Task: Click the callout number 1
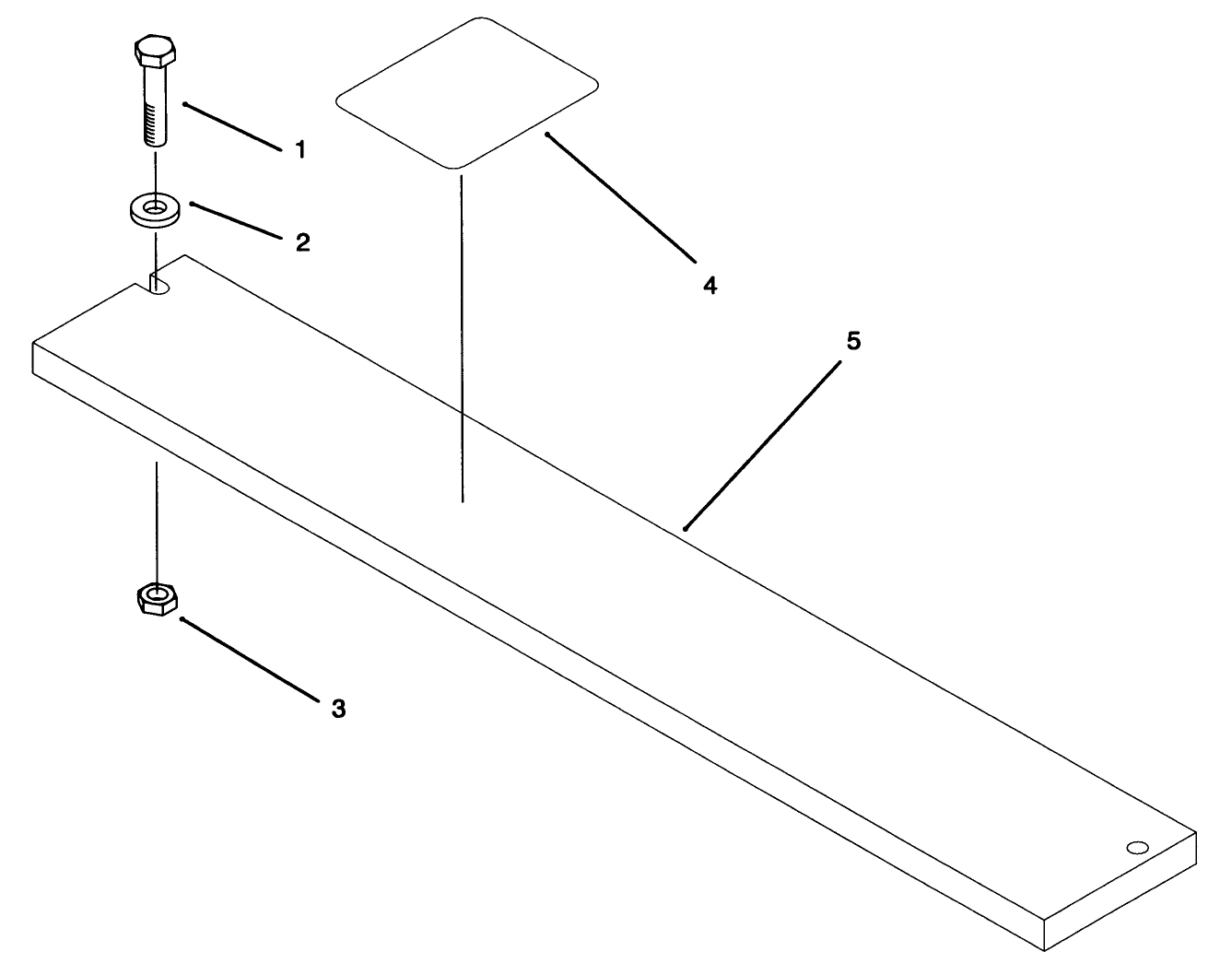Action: click(x=299, y=149)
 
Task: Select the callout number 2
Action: click(x=302, y=242)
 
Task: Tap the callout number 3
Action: click(x=338, y=709)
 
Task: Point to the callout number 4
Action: click(x=709, y=285)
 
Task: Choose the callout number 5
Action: click(x=853, y=341)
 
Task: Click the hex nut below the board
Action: click(x=157, y=599)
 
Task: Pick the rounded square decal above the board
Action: click(x=468, y=93)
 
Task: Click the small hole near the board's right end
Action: click(x=1138, y=847)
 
